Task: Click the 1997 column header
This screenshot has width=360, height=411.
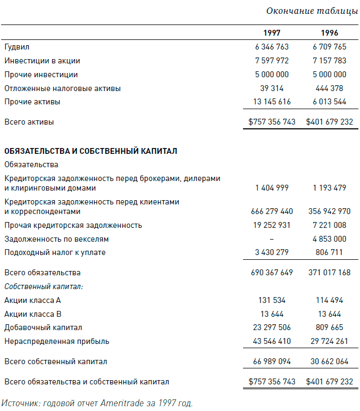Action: [x=272, y=33]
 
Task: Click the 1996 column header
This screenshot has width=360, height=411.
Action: [x=329, y=33]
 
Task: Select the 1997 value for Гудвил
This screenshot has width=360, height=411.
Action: [x=272, y=47]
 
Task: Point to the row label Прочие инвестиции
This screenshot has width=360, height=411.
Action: [x=41, y=75]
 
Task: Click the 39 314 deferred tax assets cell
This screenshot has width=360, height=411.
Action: [x=272, y=88]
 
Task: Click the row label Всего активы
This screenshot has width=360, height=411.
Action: [x=29, y=122]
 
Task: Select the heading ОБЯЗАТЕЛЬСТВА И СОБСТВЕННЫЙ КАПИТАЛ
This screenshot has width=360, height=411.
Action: [x=91, y=151]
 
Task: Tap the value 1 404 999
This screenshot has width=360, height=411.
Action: [x=272, y=188]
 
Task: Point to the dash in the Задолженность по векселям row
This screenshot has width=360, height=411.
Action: [x=272, y=239]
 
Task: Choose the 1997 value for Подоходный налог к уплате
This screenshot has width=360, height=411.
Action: [x=272, y=252]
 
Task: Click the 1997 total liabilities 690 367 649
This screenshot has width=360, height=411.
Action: [x=272, y=273]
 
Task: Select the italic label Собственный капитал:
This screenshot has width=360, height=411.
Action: [x=44, y=286]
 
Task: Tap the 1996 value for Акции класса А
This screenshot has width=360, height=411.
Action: [x=329, y=300]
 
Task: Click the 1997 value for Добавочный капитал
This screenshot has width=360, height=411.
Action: [x=272, y=327]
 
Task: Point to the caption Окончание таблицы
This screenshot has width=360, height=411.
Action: [x=312, y=11]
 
